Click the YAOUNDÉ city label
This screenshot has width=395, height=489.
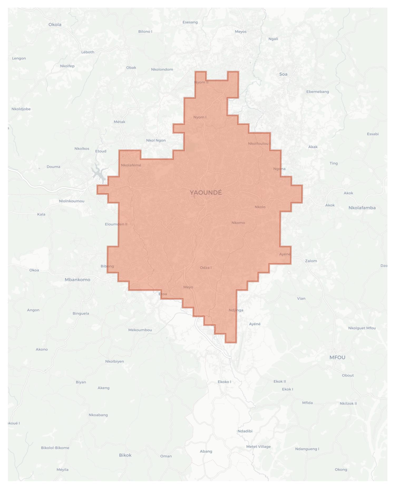tap(206, 193)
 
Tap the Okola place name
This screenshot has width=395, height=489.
tap(55, 24)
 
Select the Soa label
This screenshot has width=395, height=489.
tap(283, 74)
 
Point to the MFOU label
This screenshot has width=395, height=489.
tap(337, 357)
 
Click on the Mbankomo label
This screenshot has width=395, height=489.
tap(77, 280)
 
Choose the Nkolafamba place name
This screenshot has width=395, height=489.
tap(362, 208)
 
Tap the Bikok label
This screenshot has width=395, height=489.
tap(125, 455)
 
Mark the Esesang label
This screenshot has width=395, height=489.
tap(190, 22)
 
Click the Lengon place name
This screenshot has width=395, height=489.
tap(19, 58)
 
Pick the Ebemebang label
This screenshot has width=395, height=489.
tap(318, 92)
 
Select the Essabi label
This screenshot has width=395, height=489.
tap(373, 134)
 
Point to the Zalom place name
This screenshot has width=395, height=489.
tap(311, 261)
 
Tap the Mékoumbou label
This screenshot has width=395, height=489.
tap(140, 330)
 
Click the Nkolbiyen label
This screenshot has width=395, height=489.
tap(114, 361)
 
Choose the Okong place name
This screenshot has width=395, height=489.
tap(341, 470)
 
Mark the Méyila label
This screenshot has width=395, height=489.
tap(62, 470)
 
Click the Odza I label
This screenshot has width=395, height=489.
tap(206, 268)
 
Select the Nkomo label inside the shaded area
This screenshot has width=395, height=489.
tap(238, 223)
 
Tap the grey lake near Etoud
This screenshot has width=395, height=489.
tap(99, 173)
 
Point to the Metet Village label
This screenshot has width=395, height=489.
tap(258, 447)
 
